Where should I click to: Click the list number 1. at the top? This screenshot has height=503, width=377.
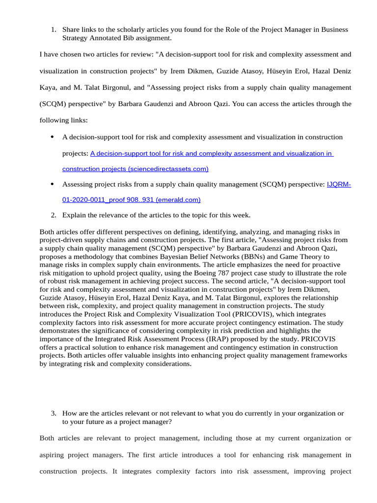54,29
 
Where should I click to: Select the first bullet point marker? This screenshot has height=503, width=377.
52,137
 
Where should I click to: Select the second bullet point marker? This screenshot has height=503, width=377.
52,184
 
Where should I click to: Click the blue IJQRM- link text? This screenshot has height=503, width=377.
339,185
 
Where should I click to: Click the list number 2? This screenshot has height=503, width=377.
54,215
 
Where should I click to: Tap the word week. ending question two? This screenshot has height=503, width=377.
241,215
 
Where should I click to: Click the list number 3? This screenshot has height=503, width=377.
54,414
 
